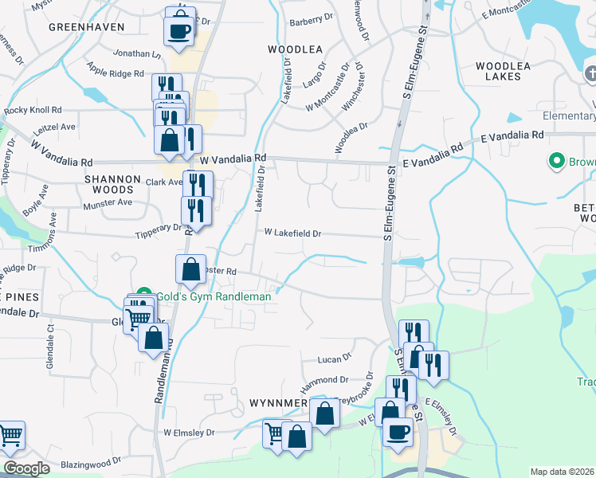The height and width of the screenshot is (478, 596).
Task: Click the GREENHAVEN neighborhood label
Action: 87,26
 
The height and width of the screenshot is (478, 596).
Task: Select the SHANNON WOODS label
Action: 112,184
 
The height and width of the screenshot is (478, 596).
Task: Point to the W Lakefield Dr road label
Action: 292,233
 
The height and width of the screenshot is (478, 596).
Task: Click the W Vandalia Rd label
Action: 233,159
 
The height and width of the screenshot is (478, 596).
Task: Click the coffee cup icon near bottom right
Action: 398,432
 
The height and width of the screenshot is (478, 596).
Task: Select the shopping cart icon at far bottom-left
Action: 10,436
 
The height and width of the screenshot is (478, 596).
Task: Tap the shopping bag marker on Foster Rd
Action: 191,269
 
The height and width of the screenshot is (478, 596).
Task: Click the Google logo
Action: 26,468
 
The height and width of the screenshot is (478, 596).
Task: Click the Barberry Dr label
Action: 311,18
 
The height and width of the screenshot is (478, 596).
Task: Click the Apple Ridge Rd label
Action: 116,72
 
